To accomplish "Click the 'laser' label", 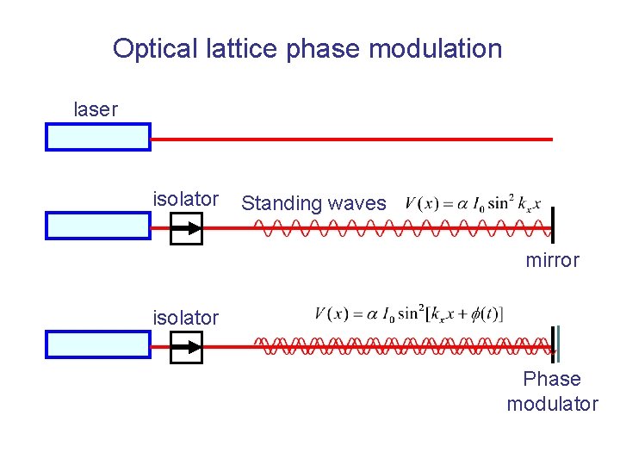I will pos(96,109).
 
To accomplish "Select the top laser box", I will pos(97,137).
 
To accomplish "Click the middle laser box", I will pos(97,226).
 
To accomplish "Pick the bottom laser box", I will pos(97,344).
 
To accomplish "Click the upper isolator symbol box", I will pos(186,228).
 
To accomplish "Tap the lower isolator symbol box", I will pos(186,347).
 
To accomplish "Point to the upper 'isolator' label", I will pos(185,199).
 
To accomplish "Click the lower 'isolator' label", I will pos(185,318).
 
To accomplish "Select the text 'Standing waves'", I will pos(313,203).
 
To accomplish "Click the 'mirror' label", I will pos(553,260).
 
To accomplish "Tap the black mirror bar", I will pos(552,226).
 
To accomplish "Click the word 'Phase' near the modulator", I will pos(552,379).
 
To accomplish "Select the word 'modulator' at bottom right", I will pos(552,404).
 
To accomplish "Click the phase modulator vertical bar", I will pos(556,344).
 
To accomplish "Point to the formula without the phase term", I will pos(473,204).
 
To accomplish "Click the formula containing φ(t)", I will pos(409,313).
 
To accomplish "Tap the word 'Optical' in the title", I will pos(148,48).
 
